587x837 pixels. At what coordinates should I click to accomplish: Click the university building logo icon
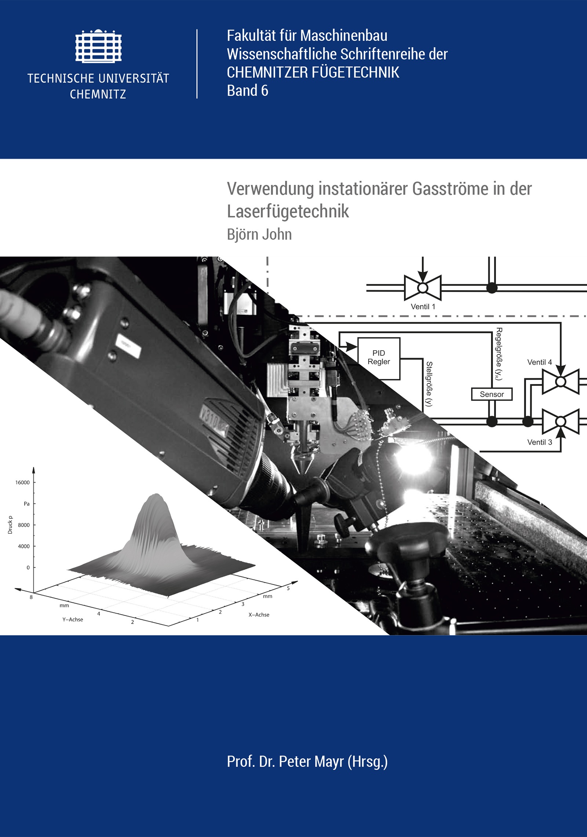coord(98,46)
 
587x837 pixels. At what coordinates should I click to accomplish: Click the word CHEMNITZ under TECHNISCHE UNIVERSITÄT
coord(98,94)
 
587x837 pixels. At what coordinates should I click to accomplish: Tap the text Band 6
coord(248,91)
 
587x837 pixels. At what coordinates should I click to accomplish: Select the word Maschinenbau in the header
coord(344,36)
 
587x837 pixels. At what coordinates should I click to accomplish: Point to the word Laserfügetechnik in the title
coord(288,211)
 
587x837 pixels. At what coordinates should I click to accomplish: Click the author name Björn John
coord(259,234)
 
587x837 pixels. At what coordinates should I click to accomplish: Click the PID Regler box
coord(379,358)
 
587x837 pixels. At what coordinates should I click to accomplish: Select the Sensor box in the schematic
coord(492,394)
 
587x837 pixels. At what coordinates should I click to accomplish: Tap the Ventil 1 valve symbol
coord(423,288)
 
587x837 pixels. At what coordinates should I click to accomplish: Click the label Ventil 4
coord(539,362)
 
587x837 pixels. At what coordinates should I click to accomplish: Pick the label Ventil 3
coord(539,442)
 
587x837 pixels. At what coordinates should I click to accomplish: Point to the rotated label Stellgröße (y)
coord(429,384)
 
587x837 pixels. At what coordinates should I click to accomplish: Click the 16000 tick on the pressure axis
coord(22,482)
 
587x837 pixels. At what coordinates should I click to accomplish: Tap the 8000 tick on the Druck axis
coord(24,525)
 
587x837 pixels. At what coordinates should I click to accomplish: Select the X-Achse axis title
coord(259,615)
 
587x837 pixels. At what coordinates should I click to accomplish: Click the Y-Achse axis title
coord(73,619)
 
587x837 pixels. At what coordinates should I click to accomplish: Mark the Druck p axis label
coord(10,525)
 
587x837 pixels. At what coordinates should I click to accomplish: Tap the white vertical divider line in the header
coord(197,64)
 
